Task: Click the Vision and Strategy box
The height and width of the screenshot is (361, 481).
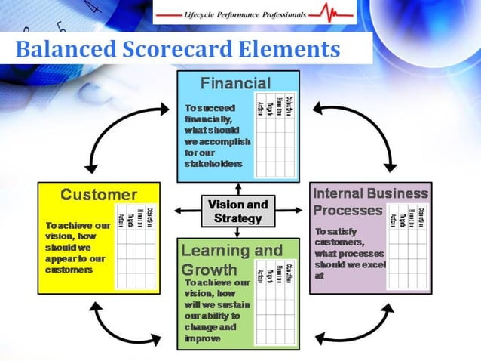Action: pyautogui.click(x=237, y=211)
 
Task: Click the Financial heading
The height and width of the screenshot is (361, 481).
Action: pyautogui.click(x=236, y=82)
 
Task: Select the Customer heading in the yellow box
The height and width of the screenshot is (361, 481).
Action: pyautogui.click(x=99, y=195)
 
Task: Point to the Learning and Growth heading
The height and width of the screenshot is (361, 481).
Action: pyautogui.click(x=231, y=259)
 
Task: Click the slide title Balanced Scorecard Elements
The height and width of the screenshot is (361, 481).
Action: pyautogui.click(x=177, y=49)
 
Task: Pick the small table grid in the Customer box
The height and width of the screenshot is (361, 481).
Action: pyautogui.click(x=136, y=246)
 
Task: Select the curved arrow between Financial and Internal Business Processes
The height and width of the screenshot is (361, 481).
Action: pyautogui.click(x=360, y=128)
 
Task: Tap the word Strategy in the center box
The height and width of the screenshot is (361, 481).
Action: pyautogui.click(x=237, y=218)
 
